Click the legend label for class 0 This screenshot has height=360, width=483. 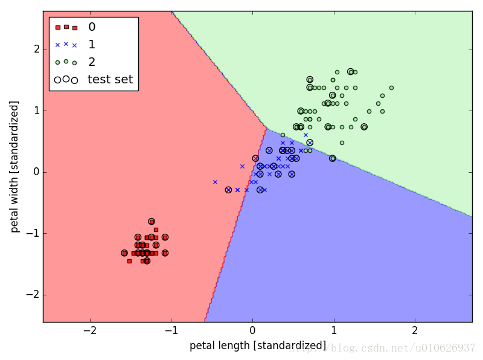91,27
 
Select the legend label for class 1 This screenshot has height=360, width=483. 91,45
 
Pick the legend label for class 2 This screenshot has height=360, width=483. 91,62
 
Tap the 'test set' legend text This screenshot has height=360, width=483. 110,79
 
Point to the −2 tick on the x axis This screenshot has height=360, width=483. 90,331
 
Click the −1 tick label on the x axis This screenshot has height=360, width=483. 171,331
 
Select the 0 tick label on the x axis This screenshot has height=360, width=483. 252,331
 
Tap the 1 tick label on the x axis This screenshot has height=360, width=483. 333,331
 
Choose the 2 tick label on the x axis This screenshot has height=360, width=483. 415,331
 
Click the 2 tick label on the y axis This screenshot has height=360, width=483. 36,50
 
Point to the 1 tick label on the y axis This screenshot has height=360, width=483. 36,111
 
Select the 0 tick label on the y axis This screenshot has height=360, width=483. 36,172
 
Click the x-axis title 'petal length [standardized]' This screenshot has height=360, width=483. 258,346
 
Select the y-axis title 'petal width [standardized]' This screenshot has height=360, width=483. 15,167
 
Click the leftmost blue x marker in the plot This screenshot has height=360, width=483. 215,182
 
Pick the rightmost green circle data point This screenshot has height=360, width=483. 391,88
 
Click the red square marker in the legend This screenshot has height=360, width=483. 66,27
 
